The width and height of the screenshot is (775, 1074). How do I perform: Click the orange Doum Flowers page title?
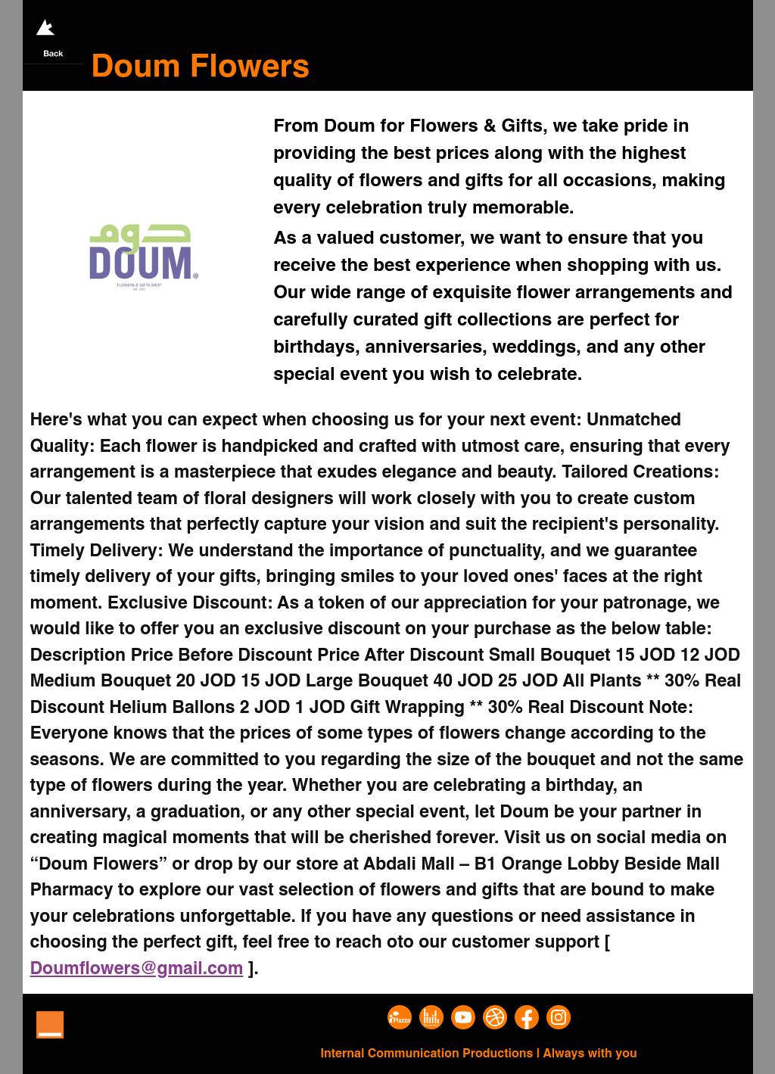200,67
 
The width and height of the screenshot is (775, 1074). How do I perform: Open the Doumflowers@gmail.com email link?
136,968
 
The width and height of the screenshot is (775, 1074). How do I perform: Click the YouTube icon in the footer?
463,1017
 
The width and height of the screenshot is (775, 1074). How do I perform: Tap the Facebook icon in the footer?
527,1017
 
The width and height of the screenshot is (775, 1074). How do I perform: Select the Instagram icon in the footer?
559,1017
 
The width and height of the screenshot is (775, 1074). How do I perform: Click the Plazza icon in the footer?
400,1017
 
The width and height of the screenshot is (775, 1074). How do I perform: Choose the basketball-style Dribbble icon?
495,1017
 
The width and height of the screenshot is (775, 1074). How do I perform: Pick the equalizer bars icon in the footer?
431,1017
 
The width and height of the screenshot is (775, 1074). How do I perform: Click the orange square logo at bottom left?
50,1025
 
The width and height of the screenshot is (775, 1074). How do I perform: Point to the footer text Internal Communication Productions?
426,1053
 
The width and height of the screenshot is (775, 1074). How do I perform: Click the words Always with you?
590,1053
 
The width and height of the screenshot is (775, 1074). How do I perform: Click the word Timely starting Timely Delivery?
58,550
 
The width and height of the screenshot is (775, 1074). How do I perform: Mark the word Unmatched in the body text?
633,419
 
